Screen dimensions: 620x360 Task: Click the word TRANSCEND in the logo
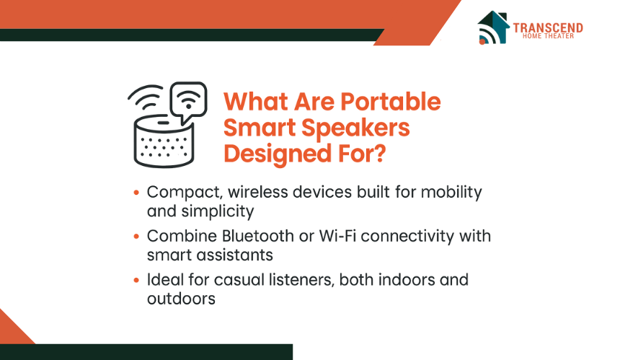[x=548, y=27]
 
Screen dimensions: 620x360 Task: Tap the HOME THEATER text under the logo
[x=548, y=36]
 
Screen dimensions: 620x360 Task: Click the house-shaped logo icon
[x=493, y=27]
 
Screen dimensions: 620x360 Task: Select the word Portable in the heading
[x=391, y=102]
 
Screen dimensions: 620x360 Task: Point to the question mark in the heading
[x=378, y=153]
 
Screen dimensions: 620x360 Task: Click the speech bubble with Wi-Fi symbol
[x=188, y=102]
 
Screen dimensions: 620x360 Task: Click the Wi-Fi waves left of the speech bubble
[x=146, y=97]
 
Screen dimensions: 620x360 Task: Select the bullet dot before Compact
[x=136, y=193]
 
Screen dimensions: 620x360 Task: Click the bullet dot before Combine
[x=136, y=237]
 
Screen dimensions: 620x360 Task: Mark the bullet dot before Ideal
[x=136, y=280]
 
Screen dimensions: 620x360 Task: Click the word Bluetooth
[x=258, y=236]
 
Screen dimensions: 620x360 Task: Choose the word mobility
[x=451, y=193]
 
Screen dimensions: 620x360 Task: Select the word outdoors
[x=181, y=299]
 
